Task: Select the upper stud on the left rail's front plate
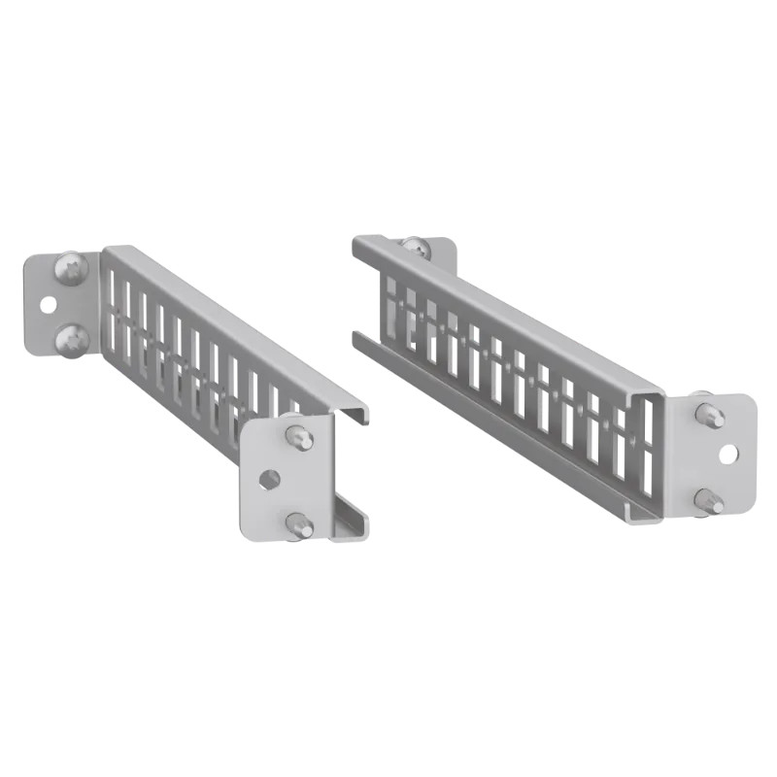coord(299,436)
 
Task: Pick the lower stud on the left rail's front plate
coord(299,525)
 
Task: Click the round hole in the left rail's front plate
coord(270,478)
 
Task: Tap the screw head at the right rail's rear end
coord(415,248)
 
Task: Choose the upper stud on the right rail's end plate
coord(709,413)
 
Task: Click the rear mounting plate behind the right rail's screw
coord(442,254)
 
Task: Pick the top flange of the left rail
coord(233,325)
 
